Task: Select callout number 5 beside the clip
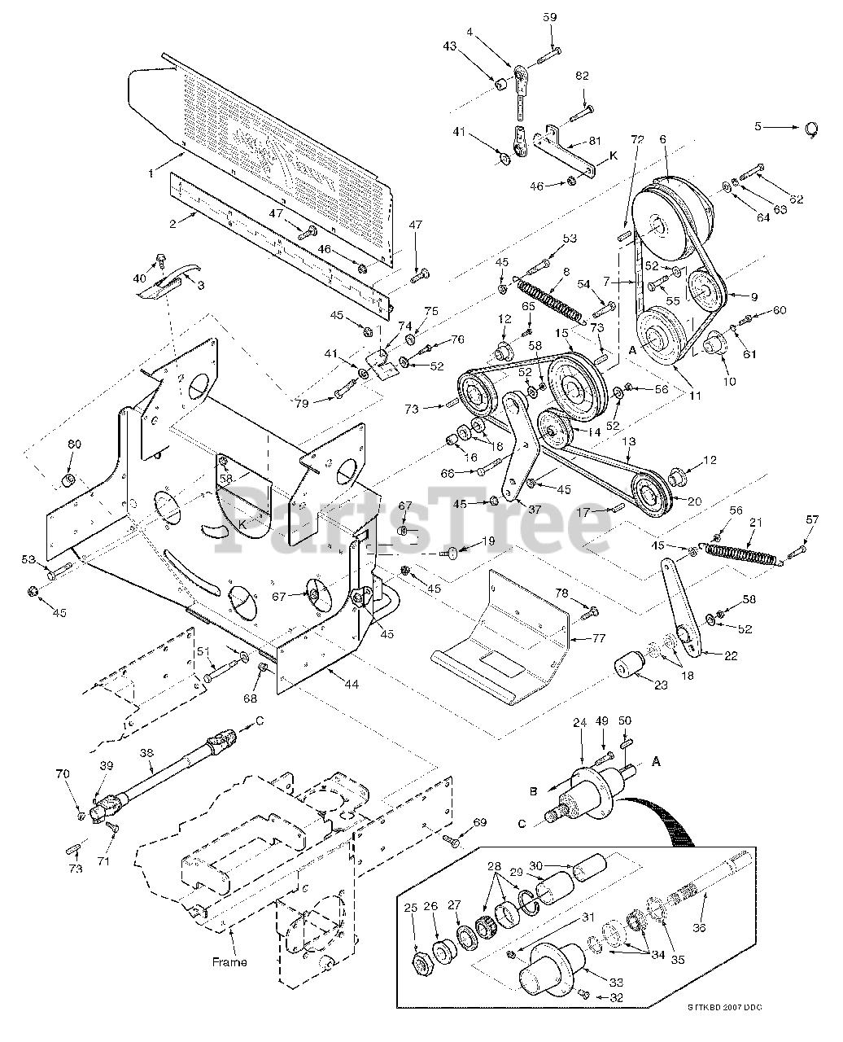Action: pyautogui.click(x=758, y=126)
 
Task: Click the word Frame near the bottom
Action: pyautogui.click(x=229, y=961)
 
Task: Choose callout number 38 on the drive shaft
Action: pyautogui.click(x=146, y=753)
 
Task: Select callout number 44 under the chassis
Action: pyautogui.click(x=351, y=685)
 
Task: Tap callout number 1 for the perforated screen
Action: pyautogui.click(x=150, y=173)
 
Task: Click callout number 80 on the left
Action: pyautogui.click(x=74, y=444)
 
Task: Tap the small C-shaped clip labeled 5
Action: pyautogui.click(x=811, y=129)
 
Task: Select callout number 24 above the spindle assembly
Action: pyautogui.click(x=579, y=721)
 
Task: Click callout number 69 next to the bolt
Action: pyautogui.click(x=479, y=822)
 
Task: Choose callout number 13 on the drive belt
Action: pyautogui.click(x=628, y=440)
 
